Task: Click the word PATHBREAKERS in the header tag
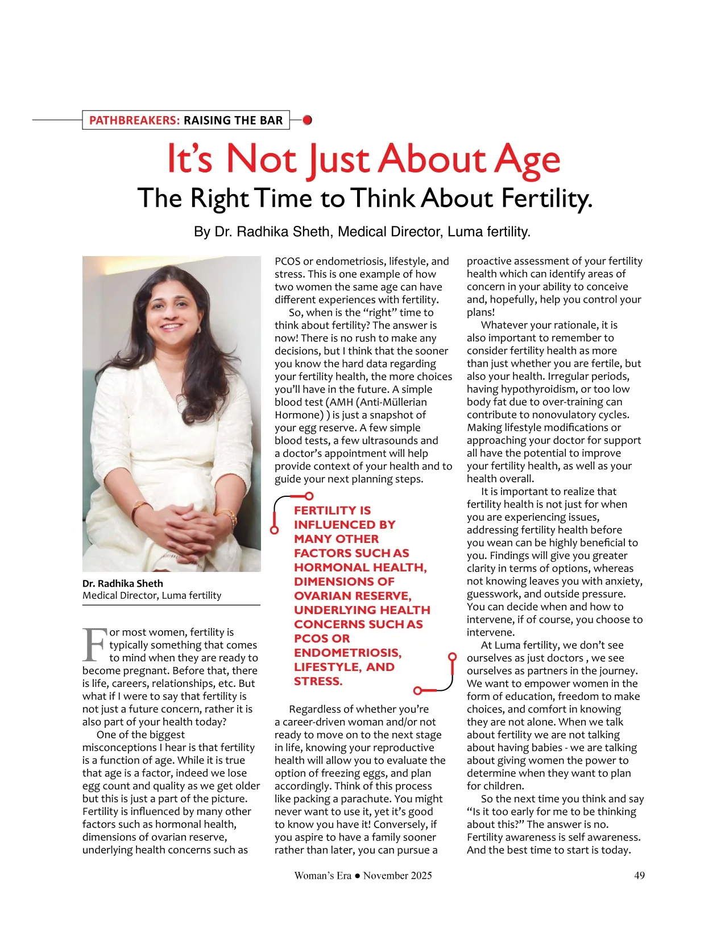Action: [134, 120]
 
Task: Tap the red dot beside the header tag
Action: [307, 120]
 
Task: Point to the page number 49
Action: [639, 875]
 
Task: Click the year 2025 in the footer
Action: [419, 875]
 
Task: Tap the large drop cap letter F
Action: [94, 645]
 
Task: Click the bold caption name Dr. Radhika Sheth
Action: [123, 583]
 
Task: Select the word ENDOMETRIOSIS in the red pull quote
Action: [347, 653]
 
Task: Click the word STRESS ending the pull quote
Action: [317, 681]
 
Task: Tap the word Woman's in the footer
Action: [314, 875]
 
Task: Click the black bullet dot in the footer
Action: [357, 876]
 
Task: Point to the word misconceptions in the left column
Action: [119, 747]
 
